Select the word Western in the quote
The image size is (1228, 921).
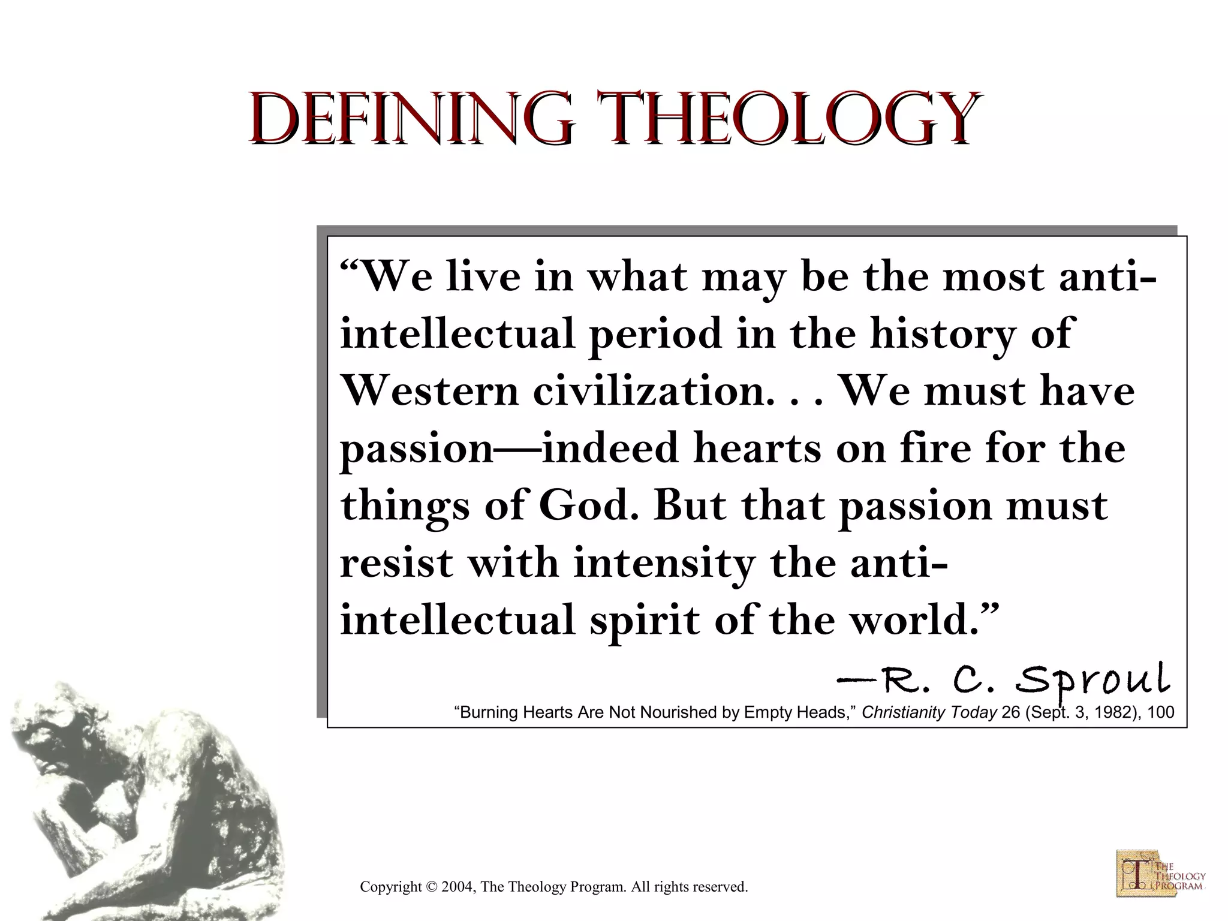click(x=429, y=392)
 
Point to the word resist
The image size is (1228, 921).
click(x=396, y=564)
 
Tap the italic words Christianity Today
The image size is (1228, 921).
click(x=929, y=712)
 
